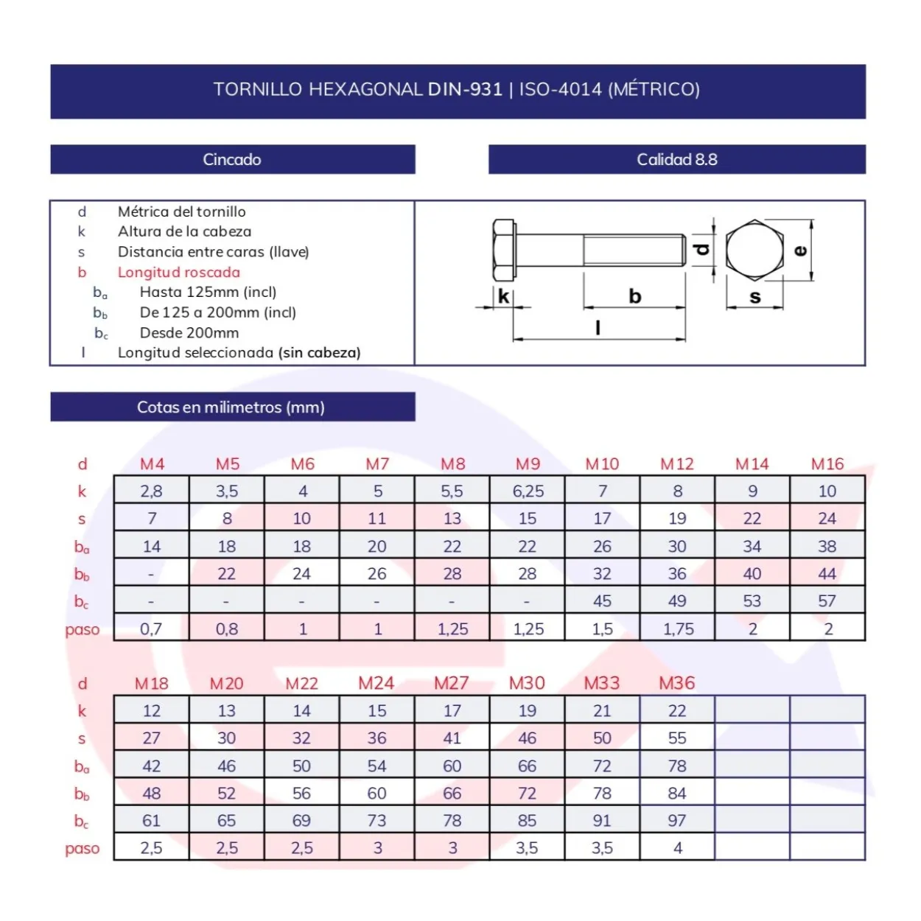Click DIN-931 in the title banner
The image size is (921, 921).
tap(465, 89)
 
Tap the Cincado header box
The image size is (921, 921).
tap(232, 159)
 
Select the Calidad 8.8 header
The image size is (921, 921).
tap(676, 159)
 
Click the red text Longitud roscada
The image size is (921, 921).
tap(179, 272)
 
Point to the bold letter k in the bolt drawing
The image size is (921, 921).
tap(503, 296)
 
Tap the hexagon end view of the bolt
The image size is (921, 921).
tap(754, 250)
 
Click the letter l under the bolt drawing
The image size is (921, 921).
tap(598, 328)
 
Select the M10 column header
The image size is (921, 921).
tap(602, 463)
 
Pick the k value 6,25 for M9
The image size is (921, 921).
tap(528, 491)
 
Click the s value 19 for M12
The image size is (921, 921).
tap(677, 518)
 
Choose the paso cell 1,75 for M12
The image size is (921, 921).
tap(678, 628)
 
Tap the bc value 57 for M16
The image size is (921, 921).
tap(827, 600)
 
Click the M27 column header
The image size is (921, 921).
tap(451, 684)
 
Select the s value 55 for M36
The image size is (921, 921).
tap(677, 738)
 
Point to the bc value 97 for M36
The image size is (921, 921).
tap(677, 820)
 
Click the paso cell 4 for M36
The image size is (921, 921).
tap(677, 848)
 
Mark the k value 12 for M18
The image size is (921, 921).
tap(152, 711)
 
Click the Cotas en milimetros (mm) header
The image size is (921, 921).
tap(231, 407)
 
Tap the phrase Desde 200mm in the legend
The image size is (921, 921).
tap(189, 332)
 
